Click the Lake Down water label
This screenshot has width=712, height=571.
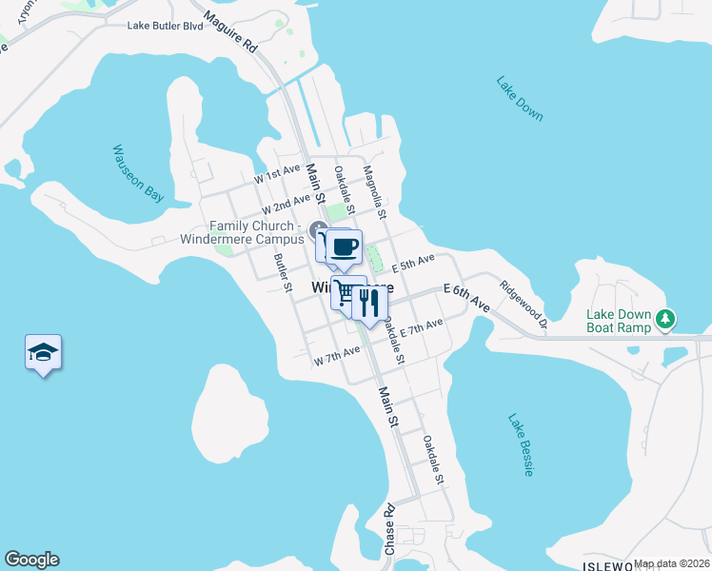520,97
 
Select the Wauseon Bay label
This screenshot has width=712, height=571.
139,173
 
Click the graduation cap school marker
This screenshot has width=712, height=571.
43,353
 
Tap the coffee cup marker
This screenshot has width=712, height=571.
344,247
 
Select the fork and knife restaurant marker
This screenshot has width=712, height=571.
369,304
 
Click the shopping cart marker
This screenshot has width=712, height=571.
346,292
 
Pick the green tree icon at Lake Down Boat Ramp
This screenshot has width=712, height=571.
667,321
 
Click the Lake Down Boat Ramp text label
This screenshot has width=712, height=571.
619,321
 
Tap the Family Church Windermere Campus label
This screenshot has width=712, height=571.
243,232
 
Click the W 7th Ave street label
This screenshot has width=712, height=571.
337,357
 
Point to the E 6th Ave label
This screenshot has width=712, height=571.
466,297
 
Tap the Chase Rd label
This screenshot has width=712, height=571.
389,534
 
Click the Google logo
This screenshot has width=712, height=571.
31,560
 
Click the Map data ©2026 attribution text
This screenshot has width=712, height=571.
672,563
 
